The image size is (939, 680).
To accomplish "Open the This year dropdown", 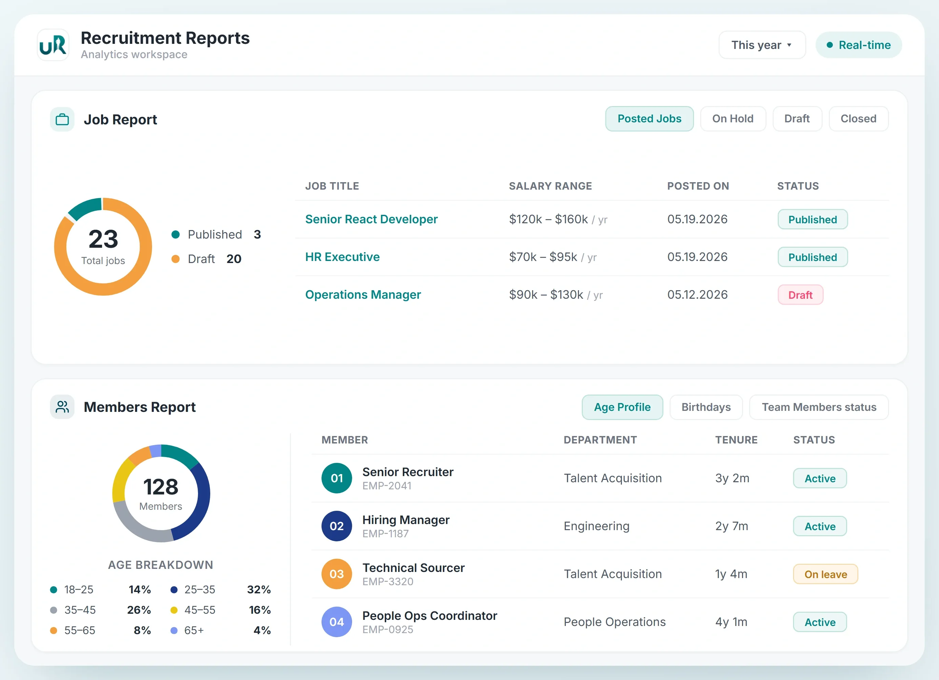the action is tap(762, 45).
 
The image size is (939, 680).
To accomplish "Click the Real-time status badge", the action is tap(858, 45).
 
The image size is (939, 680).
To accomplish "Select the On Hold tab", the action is tap(732, 119).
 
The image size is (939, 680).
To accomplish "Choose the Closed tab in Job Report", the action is tap(858, 119).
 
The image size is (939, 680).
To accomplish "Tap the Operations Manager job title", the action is tap(363, 295).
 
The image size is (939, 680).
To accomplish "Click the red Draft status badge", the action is tap(800, 295).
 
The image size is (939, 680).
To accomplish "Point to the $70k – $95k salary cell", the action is tap(552, 257).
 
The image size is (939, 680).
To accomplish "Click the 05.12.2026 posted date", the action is tap(697, 295).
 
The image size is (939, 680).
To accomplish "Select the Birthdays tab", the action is tap(706, 407).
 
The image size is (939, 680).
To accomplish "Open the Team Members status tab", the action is tap(819, 407).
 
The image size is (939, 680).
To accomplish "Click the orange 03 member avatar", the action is tap(336, 574).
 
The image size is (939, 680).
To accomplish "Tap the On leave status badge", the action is tap(825, 574).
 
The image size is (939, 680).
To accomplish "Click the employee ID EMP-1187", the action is tap(385, 534).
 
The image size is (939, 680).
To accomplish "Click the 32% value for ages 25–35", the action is tap(259, 589).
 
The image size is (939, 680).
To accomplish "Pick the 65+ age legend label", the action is tap(194, 630).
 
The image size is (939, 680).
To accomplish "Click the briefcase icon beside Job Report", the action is tap(62, 119).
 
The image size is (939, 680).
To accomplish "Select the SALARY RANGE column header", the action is tap(550, 186).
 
